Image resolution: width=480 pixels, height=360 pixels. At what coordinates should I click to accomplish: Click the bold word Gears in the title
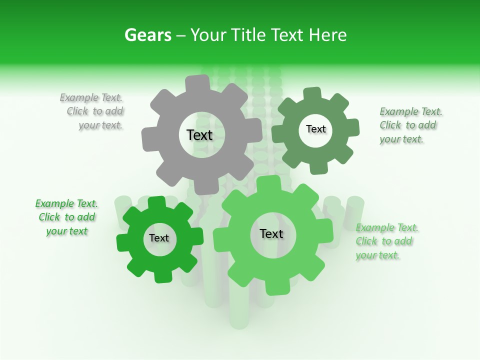[x=148, y=35]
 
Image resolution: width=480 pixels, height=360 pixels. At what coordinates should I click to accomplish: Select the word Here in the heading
[x=327, y=35]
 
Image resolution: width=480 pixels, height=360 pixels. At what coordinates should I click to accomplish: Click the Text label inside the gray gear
[x=199, y=135]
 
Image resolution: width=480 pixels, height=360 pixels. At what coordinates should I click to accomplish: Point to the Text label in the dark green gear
[x=315, y=129]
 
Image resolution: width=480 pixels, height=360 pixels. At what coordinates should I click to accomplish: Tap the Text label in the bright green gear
[x=159, y=238]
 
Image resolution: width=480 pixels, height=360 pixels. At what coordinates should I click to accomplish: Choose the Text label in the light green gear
[x=271, y=234]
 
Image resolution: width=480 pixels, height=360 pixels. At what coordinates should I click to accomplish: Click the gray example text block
[x=93, y=111]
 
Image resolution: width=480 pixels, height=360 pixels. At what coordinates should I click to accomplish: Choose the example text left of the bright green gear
[x=67, y=217]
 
